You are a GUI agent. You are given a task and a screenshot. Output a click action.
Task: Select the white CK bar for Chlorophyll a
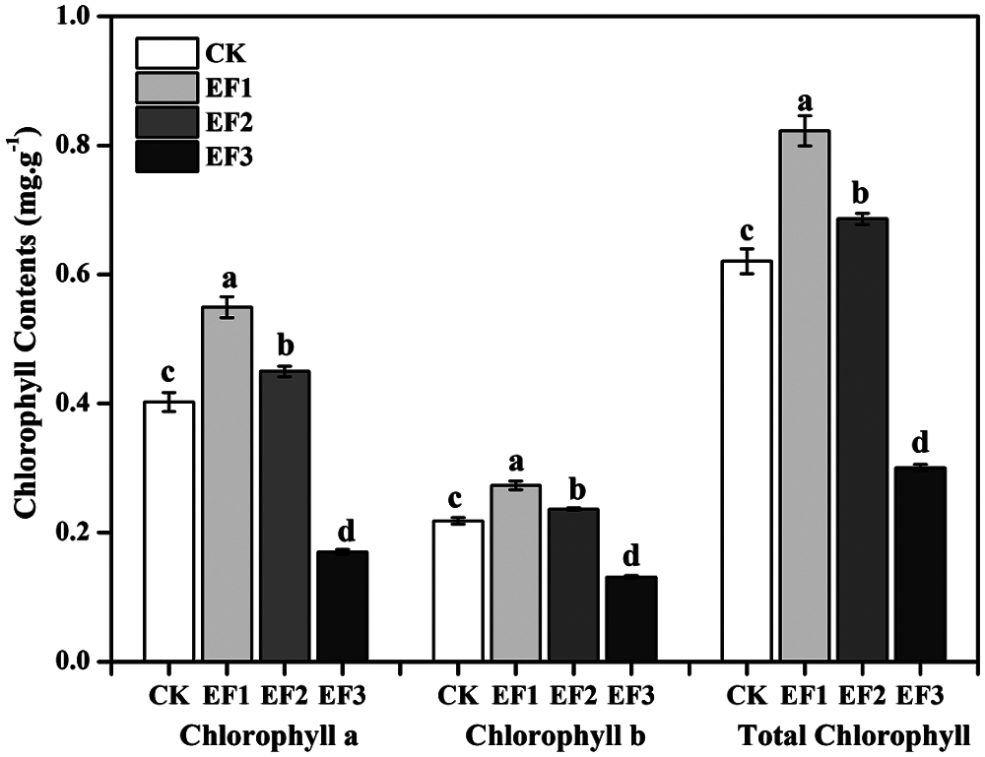168,532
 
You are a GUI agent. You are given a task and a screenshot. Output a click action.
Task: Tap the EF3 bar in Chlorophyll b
630,619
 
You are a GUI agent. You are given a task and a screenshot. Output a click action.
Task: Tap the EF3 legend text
229,156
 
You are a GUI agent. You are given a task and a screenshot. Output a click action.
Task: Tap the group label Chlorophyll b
555,735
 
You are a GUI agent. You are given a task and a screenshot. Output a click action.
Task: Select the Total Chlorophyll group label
854,735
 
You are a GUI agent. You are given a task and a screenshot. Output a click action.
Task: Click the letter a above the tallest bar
805,101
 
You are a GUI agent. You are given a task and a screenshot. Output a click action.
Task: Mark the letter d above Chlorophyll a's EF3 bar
342,529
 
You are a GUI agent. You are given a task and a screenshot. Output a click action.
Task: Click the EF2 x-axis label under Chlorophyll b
573,696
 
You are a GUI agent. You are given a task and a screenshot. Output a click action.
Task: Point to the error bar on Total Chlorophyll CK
748,262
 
